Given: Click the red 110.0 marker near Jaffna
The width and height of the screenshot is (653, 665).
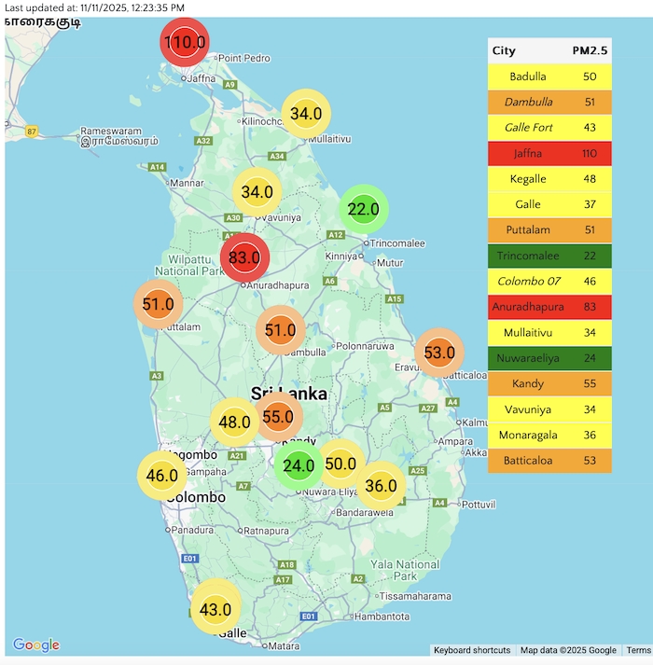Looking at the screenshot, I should [185, 42].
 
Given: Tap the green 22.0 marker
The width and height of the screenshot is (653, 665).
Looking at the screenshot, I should [363, 210].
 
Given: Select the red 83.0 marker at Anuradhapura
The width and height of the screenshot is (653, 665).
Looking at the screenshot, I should [244, 256].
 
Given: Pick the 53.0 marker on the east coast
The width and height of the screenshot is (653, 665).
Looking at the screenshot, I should [438, 353].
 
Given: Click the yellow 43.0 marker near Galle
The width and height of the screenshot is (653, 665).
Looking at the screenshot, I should [215, 610].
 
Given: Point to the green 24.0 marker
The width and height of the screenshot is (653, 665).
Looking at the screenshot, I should [299, 466].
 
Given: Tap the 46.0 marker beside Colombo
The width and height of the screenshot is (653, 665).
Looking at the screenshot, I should [162, 476].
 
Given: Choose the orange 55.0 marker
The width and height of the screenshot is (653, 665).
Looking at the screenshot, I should [278, 417].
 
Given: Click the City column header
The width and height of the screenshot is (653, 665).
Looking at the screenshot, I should [504, 50].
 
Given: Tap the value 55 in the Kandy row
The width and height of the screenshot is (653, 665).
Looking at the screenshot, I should [590, 383].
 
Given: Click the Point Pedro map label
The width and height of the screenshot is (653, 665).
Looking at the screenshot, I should [244, 58].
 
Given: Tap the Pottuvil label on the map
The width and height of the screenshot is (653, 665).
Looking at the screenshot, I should [477, 504].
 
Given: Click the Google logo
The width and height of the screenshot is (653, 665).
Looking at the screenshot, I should [36, 645].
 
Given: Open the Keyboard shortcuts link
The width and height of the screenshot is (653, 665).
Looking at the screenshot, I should [472, 650].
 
